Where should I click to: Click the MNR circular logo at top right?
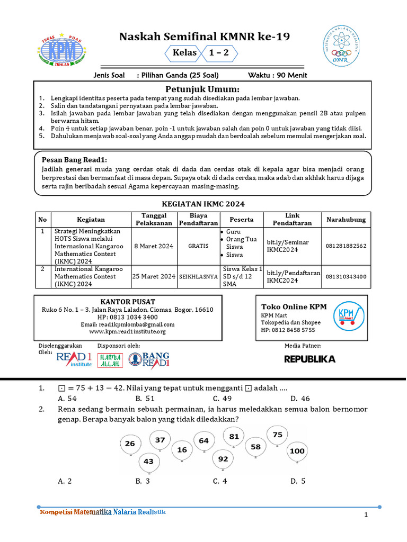click(x=344, y=47)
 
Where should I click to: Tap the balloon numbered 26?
click(x=130, y=444)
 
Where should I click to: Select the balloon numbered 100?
click(x=297, y=451)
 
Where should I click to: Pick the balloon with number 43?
click(x=149, y=462)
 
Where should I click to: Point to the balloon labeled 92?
click(x=223, y=459)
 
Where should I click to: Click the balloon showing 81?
click(x=234, y=437)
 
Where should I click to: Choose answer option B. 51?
click(x=145, y=399)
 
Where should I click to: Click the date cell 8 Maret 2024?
click(x=153, y=246)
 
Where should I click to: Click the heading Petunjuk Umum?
click(x=202, y=89)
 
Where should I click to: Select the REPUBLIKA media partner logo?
click(x=310, y=359)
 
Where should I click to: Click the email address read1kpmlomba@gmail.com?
click(x=128, y=324)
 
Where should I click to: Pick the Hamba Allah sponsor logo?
click(x=110, y=360)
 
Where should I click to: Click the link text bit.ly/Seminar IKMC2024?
click(x=288, y=246)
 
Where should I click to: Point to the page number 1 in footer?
click(x=366, y=516)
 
